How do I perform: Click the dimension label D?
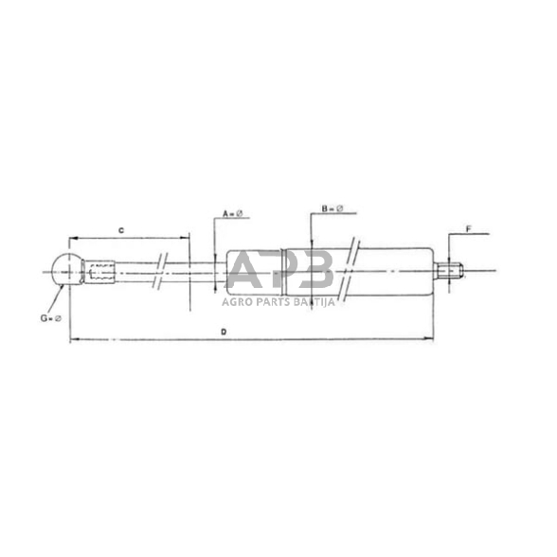pyautogui.click(x=224, y=332)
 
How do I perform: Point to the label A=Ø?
pyautogui.click(x=233, y=213)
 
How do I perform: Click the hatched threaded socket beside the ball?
pyautogui.click(x=101, y=274)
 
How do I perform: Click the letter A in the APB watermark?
pyautogui.click(x=247, y=273)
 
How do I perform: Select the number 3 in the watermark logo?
pyautogui.click(x=314, y=273)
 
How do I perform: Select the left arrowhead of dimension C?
pyautogui.click(x=72, y=237)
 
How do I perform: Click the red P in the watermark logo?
pyautogui.click(x=281, y=273)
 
